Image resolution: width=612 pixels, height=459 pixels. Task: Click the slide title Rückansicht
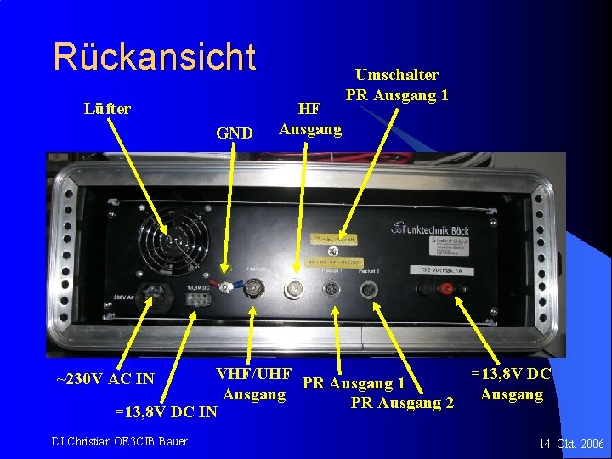point(154,57)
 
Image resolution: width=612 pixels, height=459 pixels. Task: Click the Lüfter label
point(107,109)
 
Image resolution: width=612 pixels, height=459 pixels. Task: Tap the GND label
point(234,133)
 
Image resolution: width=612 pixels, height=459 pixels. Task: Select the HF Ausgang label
point(310,119)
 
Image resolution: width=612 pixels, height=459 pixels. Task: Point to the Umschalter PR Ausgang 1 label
point(397,85)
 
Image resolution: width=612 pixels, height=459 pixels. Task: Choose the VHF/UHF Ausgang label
point(254,384)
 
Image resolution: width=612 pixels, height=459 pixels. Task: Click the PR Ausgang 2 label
point(402,402)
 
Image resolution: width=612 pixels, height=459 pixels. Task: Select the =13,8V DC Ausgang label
point(511,384)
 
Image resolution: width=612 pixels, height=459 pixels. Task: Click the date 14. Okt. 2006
point(571,444)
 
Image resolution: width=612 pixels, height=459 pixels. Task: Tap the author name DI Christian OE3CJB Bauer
point(120,440)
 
